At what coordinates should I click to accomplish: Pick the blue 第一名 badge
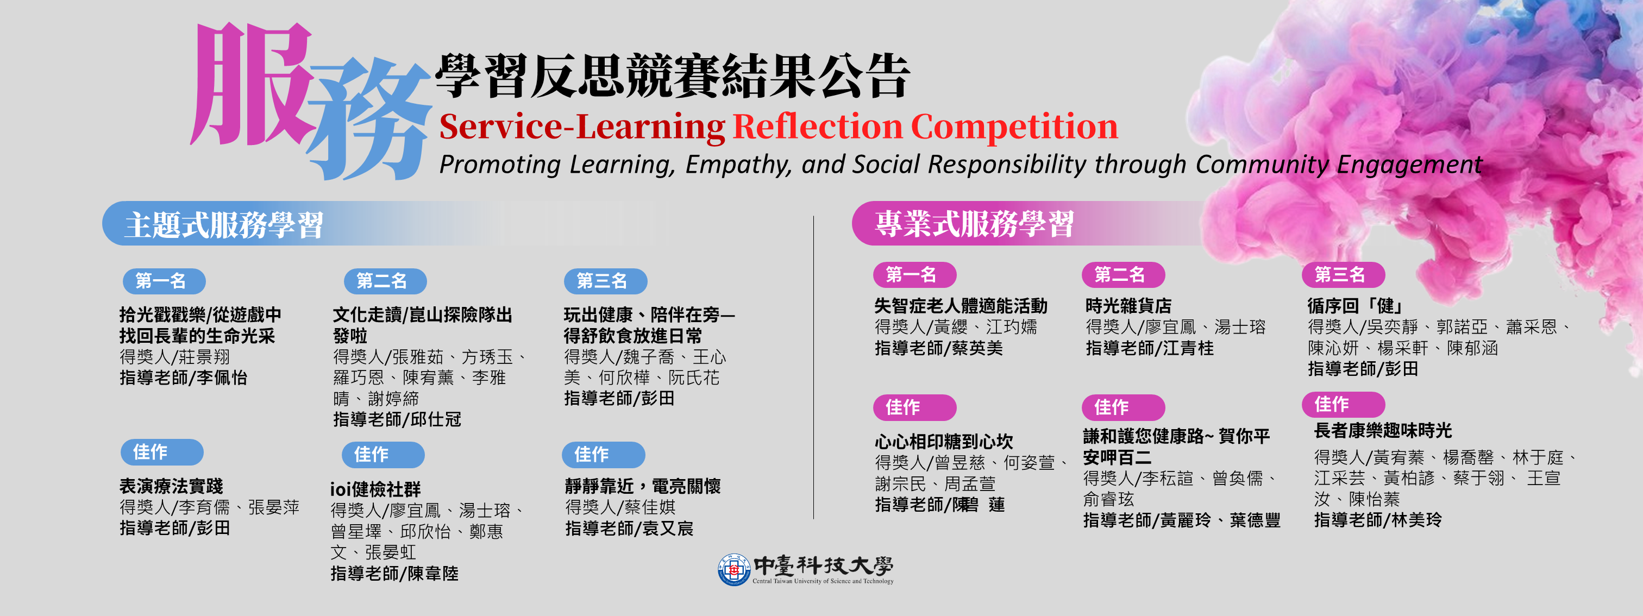pos(164,281)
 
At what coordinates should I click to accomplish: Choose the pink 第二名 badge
pos(1123,275)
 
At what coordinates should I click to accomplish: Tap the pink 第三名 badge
pos(1343,275)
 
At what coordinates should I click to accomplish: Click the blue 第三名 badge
pos(605,281)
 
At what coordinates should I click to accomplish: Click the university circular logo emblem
pos(733,569)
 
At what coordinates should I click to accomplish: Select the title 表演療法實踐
pos(172,487)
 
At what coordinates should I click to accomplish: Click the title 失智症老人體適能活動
pos(961,306)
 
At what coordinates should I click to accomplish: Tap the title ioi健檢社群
pos(375,489)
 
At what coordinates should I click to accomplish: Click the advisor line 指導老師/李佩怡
pos(184,378)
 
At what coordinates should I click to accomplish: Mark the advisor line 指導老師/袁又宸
pos(629,529)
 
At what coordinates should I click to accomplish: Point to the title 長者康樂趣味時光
pos(1383,430)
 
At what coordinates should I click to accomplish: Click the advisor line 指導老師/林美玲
pos(1378,520)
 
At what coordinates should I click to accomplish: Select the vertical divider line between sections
pos(813,367)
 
